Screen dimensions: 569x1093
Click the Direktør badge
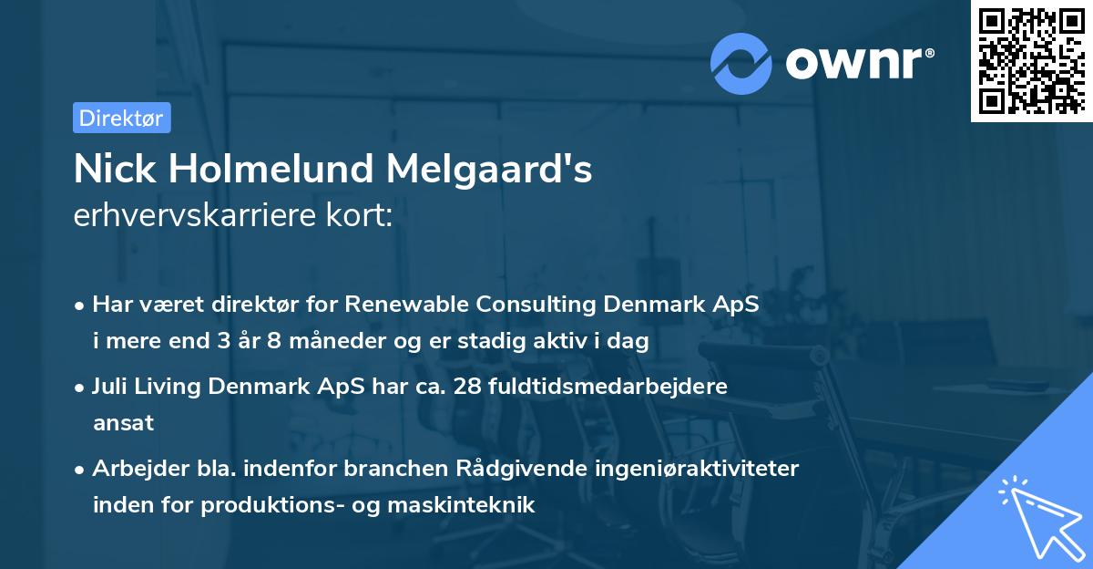click(121, 118)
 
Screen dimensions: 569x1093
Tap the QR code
click(1031, 60)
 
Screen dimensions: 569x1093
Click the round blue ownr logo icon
click(741, 64)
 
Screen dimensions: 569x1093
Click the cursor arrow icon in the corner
click(1038, 514)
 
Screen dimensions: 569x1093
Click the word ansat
click(123, 423)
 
